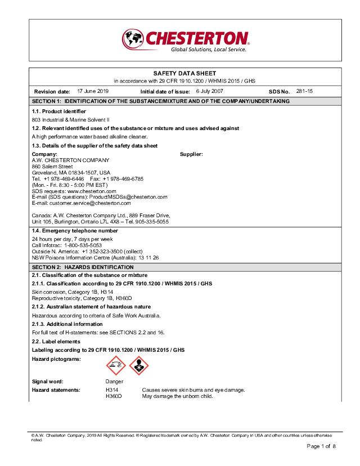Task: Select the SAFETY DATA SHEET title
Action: click(x=184, y=74)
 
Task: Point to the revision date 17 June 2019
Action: click(x=93, y=91)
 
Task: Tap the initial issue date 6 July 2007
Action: click(x=209, y=91)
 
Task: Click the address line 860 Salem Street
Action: click(x=52, y=166)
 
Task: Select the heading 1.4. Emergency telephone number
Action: click(x=75, y=231)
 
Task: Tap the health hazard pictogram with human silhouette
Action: click(x=139, y=366)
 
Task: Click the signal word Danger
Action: click(x=114, y=382)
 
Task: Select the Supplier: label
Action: click(x=191, y=154)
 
